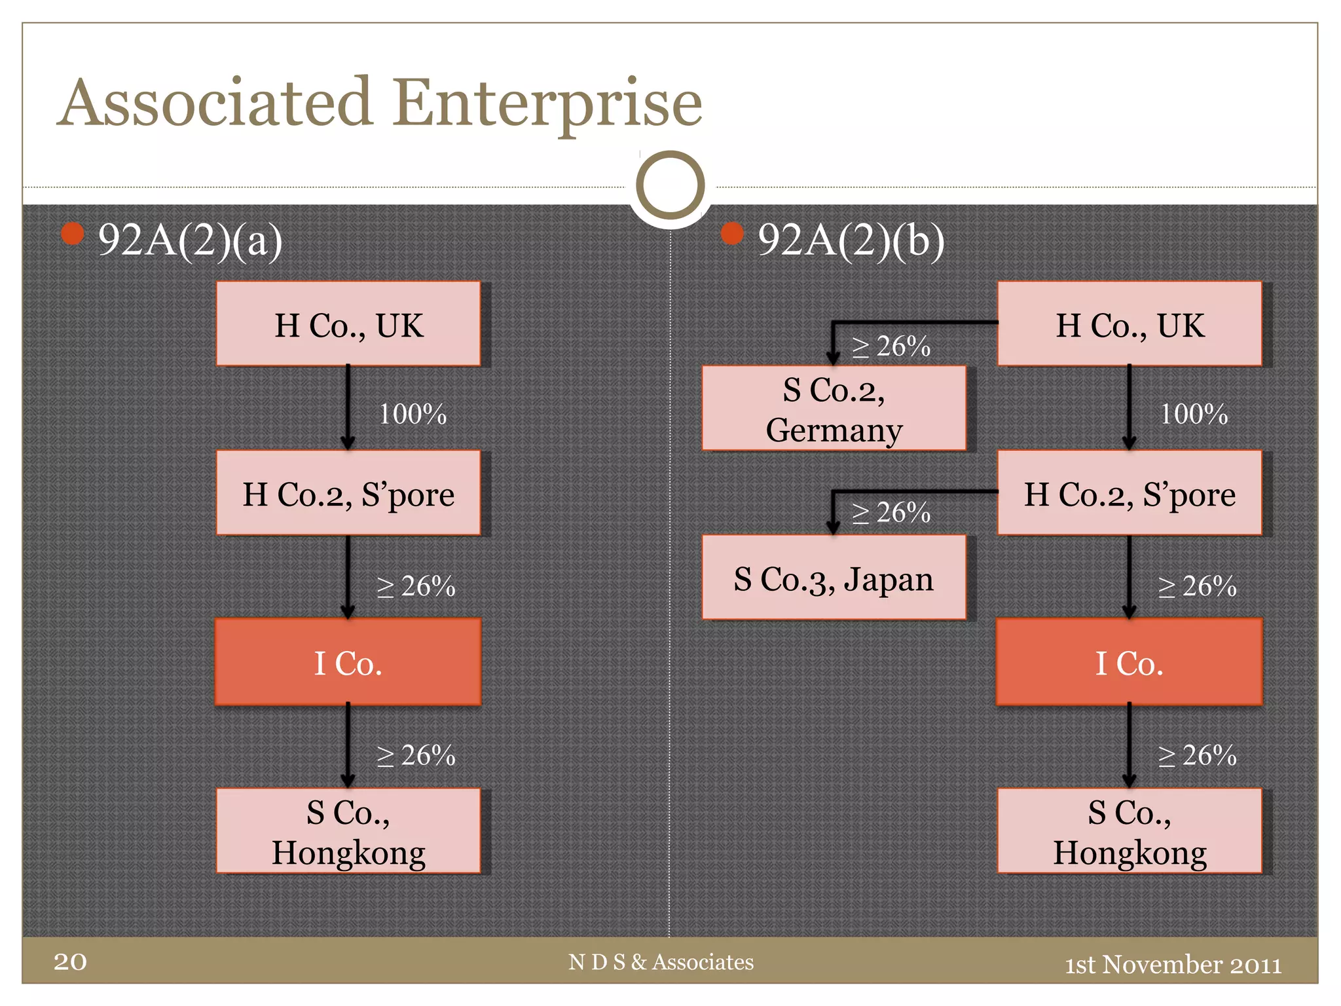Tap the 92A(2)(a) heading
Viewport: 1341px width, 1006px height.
point(190,240)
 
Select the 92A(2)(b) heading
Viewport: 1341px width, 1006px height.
point(851,240)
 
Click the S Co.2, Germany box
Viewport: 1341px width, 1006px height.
point(834,409)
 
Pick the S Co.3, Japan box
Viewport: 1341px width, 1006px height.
point(834,578)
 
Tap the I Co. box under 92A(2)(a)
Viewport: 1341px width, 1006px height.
point(348,663)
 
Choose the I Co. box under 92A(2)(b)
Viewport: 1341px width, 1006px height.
point(1129,663)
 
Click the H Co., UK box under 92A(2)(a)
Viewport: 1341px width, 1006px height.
point(348,325)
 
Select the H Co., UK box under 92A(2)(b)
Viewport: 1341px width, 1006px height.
point(1129,325)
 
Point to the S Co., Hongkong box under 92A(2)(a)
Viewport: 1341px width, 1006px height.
point(348,832)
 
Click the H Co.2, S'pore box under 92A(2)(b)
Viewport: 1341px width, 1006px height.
point(1129,494)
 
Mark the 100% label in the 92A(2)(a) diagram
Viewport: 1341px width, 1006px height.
point(413,414)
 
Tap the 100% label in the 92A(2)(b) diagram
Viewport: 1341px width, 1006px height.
point(1193,414)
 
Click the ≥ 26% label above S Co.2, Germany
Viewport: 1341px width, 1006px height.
point(891,346)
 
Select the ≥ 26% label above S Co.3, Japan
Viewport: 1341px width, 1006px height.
point(891,513)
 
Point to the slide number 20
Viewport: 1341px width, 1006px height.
point(70,961)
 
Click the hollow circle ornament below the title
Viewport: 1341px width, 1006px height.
point(670,185)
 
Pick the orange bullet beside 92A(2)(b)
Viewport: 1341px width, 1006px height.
point(732,233)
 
